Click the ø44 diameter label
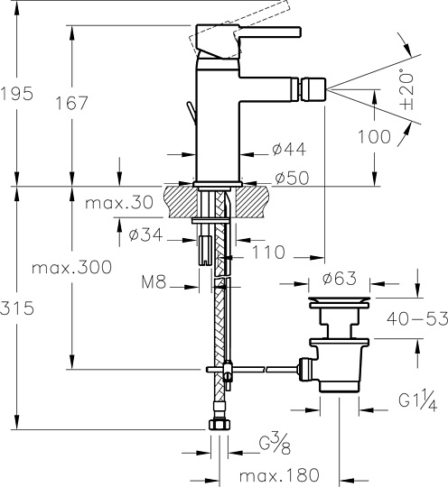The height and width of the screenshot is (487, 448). pyautogui.click(x=290, y=148)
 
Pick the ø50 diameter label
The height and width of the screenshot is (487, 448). pyautogui.click(x=290, y=178)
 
